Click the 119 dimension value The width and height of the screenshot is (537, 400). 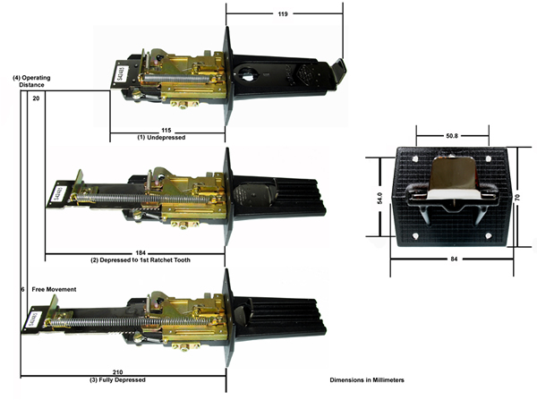pos(283,14)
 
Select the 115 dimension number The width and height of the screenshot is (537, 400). pos(166,131)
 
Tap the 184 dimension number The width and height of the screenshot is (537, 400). pos(141,253)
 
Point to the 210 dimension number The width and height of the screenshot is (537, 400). pos(117,372)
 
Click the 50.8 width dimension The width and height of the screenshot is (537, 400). pos(452,136)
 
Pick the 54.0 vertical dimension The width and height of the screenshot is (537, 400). pos(379,199)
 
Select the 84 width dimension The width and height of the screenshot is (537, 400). pos(454,260)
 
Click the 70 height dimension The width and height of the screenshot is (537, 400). pos(517,198)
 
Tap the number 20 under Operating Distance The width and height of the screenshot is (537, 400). pos(36,98)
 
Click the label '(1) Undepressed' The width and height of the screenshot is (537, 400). pos(161,137)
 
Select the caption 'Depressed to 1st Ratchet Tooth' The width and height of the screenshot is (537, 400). pos(145,260)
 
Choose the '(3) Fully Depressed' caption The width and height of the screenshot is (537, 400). pos(117,379)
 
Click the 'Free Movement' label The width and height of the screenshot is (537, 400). pos(54,289)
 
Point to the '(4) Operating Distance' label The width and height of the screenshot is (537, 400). pos(31,81)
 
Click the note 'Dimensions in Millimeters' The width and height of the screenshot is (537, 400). pos(367,379)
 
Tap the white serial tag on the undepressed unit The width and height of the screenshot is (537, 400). pos(122,73)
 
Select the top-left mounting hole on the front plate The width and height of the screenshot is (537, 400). pos(416,159)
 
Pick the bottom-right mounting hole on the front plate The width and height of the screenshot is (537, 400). pos(489,235)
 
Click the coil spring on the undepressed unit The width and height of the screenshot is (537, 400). pos(175,78)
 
